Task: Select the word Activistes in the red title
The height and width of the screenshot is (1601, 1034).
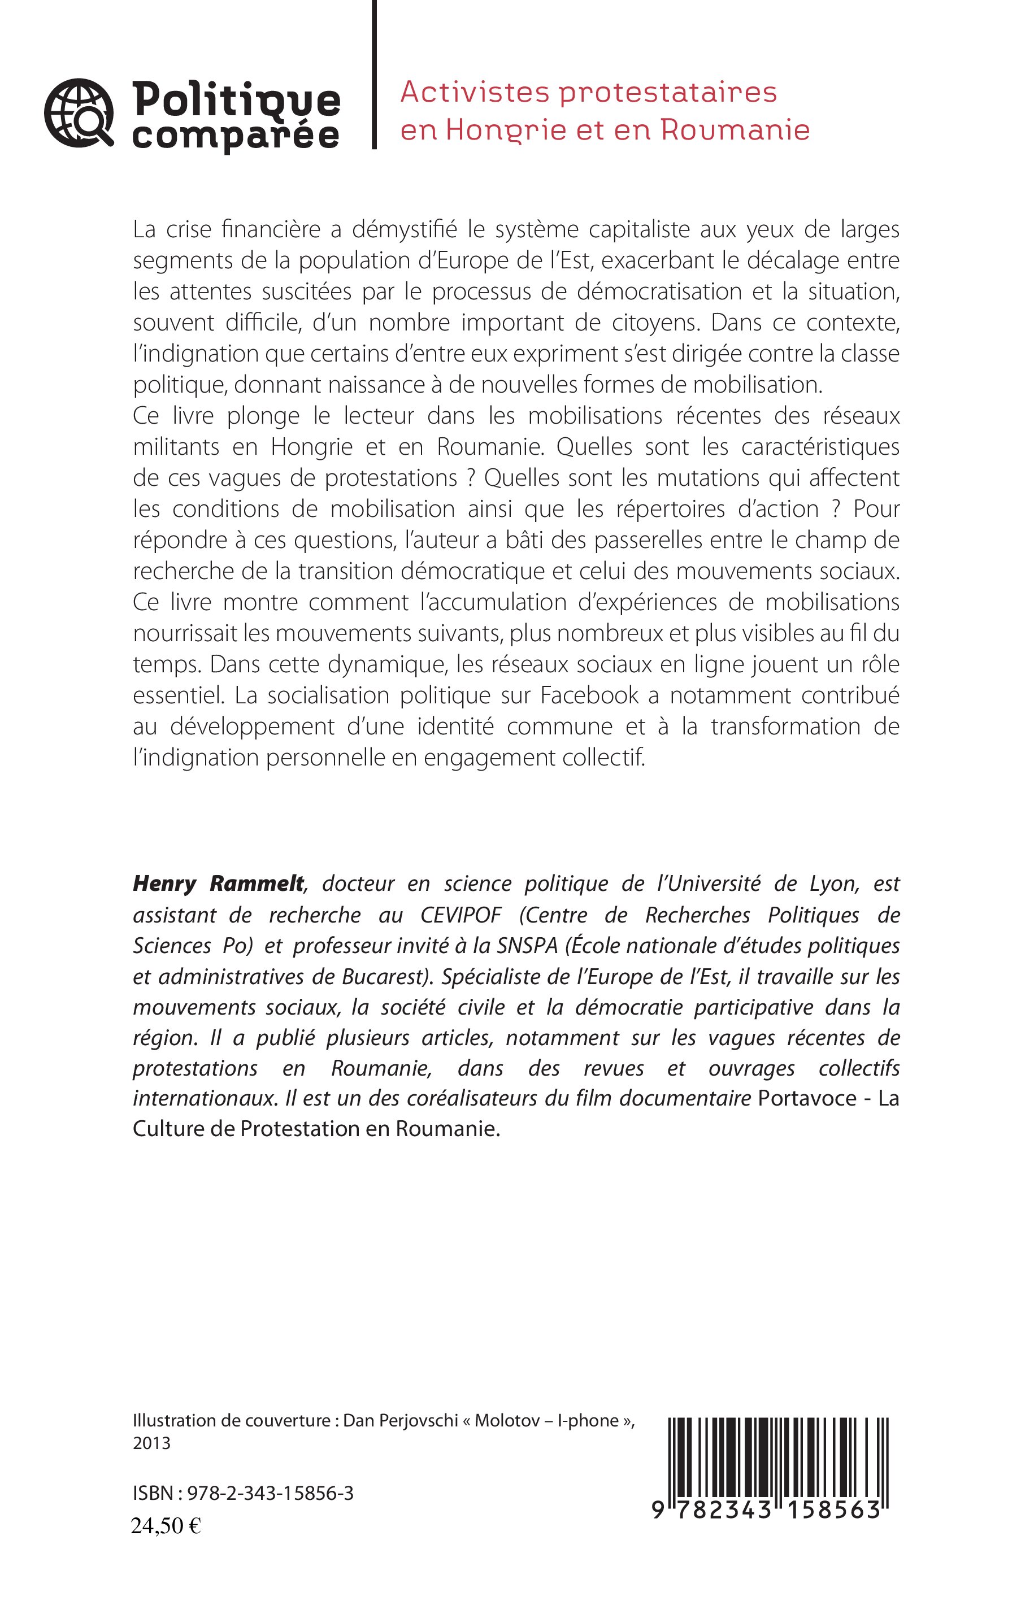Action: pos(473,92)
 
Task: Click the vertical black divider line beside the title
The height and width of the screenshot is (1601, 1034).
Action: pos(373,74)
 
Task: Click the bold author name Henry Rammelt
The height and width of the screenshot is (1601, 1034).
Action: pos(218,884)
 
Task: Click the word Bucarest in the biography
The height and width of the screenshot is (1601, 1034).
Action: pos(385,976)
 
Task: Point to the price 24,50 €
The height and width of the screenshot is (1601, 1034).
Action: pos(166,1526)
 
